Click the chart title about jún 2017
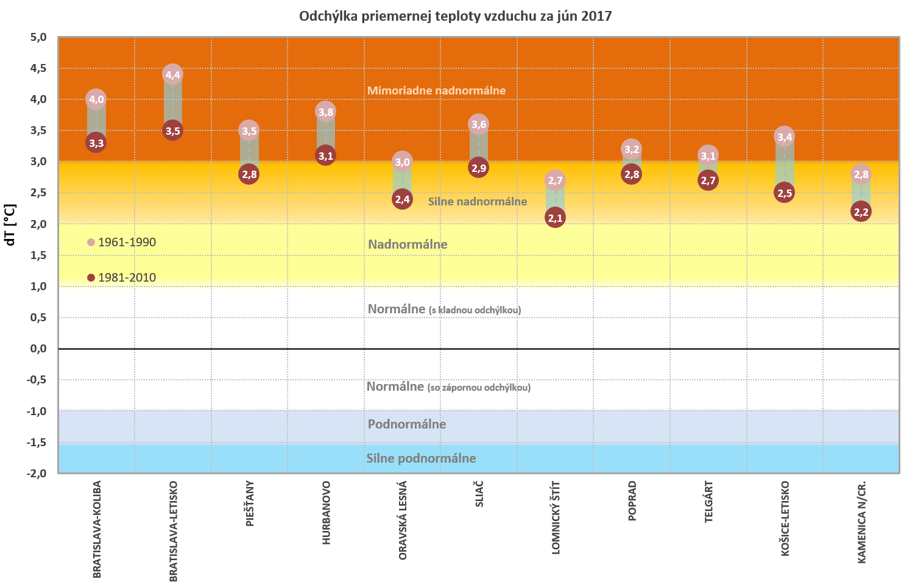[455, 16]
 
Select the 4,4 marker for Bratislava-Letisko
[173, 75]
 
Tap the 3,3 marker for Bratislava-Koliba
[96, 143]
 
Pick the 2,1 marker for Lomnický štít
[555, 218]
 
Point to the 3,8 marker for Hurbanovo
[326, 112]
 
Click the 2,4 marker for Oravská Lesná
[402, 199]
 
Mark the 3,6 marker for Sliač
[479, 124]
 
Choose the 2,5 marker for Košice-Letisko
[785, 193]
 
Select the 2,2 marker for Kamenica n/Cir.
[861, 212]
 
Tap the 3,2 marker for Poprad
[632, 149]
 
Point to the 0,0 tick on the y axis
[38, 349]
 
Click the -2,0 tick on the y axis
[37, 474]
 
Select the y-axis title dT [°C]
[10, 224]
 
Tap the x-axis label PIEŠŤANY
[250, 503]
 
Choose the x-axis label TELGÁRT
[708, 502]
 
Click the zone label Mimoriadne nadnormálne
[436, 91]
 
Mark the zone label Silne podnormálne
[421, 458]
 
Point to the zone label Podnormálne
[407, 424]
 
